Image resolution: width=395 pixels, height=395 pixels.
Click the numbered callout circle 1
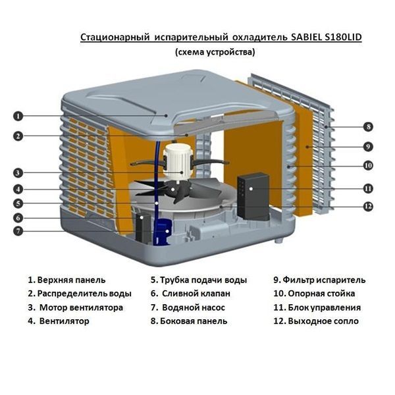18,116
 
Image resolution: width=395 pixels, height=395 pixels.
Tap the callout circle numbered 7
18,231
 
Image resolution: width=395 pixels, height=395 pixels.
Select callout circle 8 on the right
369,126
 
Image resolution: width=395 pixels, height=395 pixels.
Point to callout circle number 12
369,206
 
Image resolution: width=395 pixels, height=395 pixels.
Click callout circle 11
369,188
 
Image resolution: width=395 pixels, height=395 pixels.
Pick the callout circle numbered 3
18,173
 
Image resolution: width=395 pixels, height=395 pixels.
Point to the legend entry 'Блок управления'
316,307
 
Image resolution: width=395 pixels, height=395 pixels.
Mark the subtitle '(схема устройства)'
215,52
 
